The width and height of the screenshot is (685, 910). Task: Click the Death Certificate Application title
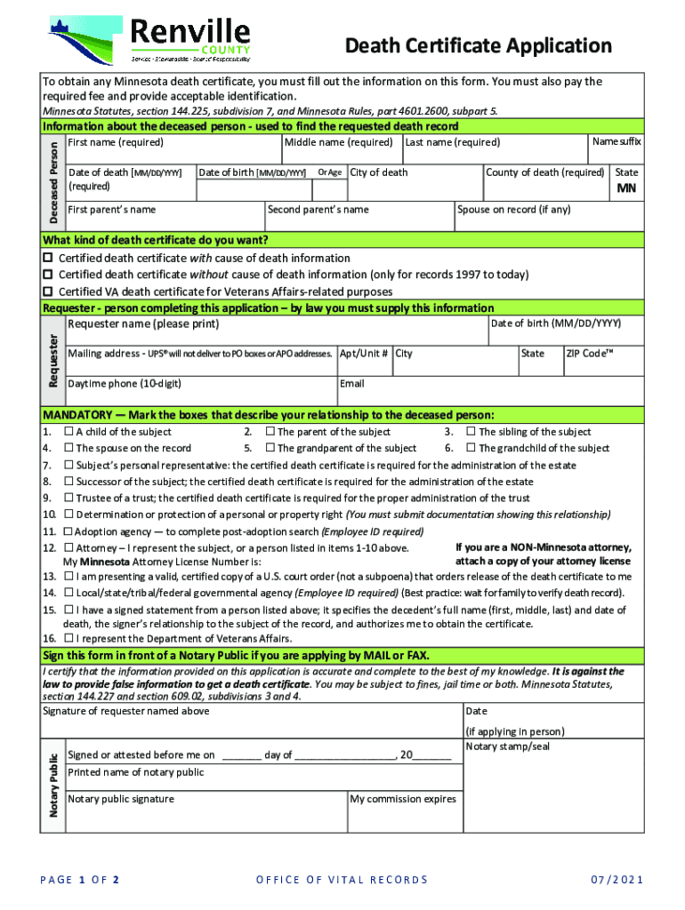click(478, 45)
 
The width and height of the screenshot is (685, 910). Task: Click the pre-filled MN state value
click(626, 189)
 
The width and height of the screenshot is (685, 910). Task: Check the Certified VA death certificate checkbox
click(49, 291)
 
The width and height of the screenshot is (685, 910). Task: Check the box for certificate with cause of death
click(49, 258)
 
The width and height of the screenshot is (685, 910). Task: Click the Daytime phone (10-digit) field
click(200, 391)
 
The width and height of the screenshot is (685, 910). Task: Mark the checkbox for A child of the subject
click(68, 432)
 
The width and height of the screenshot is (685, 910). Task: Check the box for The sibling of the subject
click(471, 432)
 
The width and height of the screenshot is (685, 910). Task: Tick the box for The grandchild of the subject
click(471, 449)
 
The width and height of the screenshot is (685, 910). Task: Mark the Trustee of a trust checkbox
click(68, 499)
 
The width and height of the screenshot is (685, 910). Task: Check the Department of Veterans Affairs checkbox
click(68, 638)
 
